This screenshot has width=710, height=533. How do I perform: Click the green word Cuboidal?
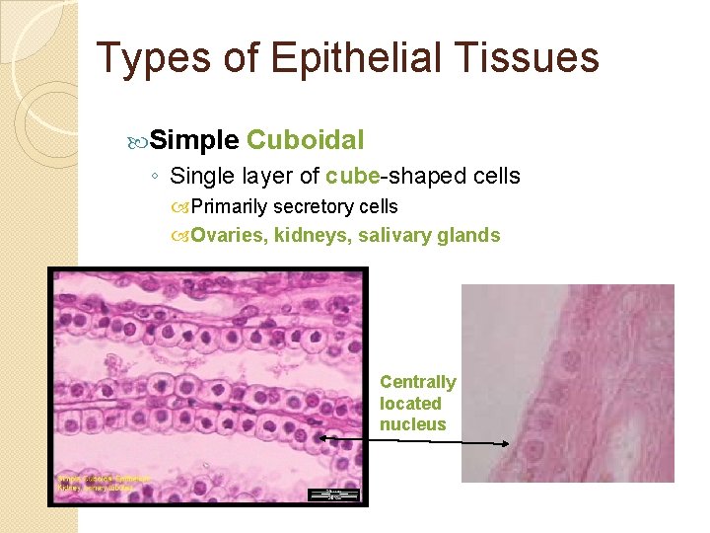coord(306,140)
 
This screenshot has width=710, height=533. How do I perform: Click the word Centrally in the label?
coord(418,382)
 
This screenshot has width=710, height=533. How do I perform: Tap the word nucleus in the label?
coord(413,424)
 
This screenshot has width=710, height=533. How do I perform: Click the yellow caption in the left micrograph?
coord(103,484)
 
